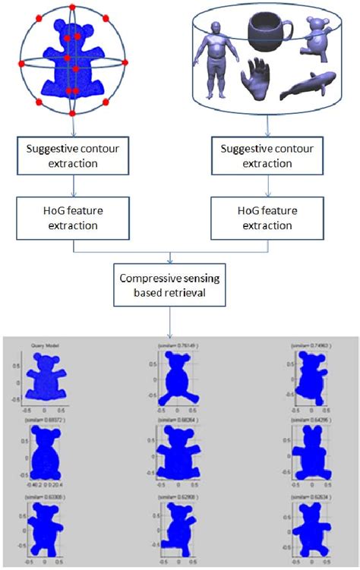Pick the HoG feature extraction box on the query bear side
coord(71,218)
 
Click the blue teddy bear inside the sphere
coord(71,59)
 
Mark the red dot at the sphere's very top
coord(71,7)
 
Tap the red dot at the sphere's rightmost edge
coord(125,61)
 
